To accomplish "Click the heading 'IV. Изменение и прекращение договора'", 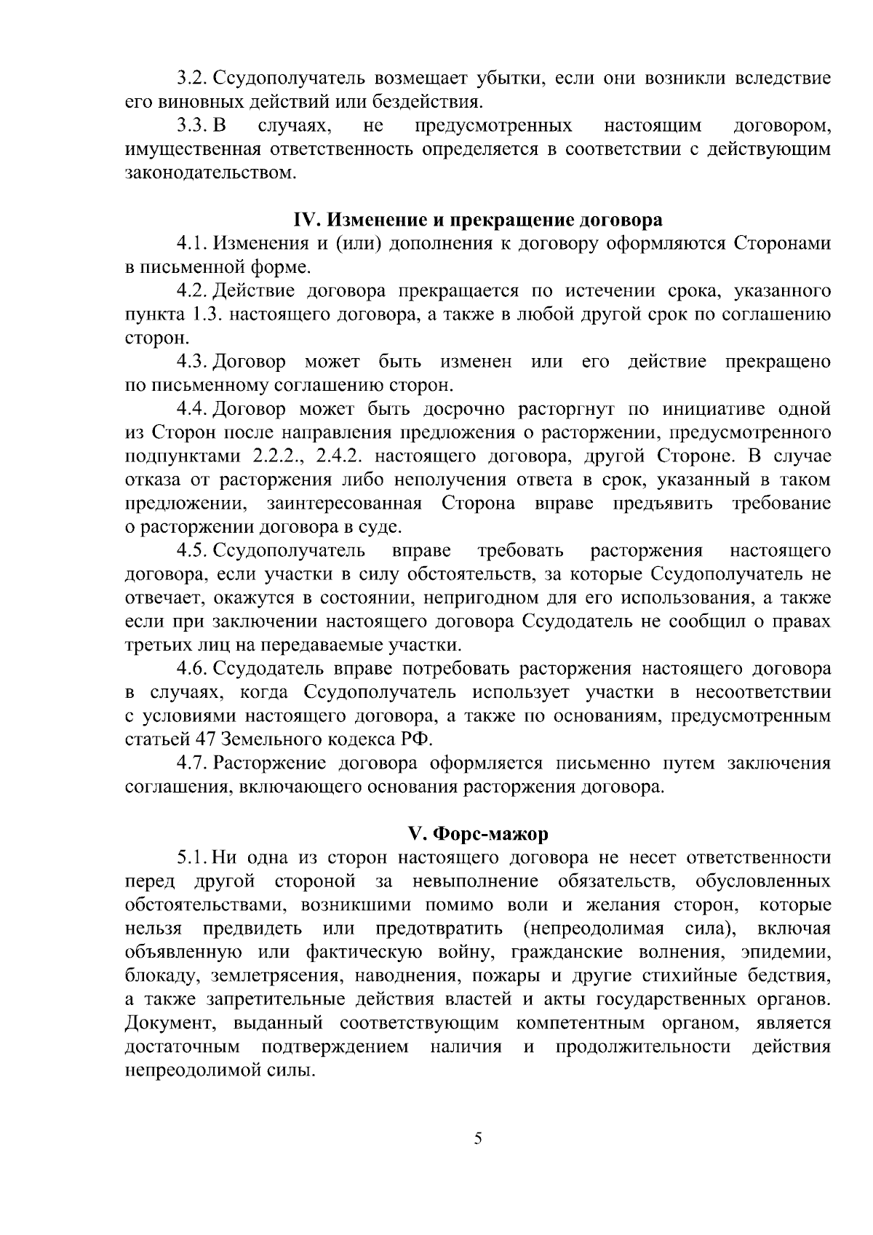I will click(x=477, y=220).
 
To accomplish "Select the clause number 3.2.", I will click(x=193, y=78).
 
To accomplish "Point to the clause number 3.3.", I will click(x=193, y=126).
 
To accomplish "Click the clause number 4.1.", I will click(x=193, y=243).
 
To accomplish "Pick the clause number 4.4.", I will click(x=193, y=408).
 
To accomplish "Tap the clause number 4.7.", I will click(x=193, y=763).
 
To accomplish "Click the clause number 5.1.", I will click(x=193, y=857).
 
